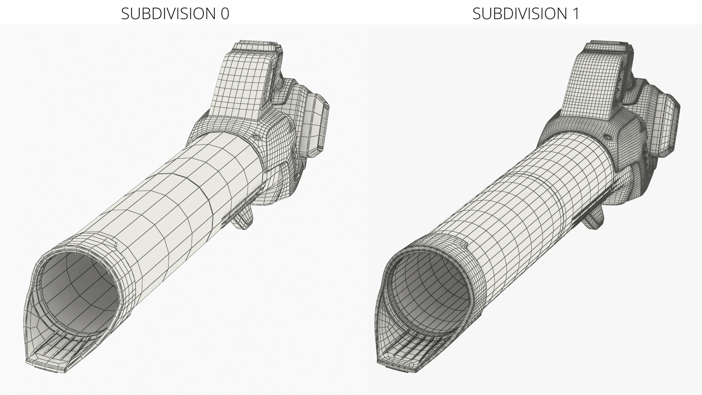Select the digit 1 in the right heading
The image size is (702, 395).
click(x=575, y=14)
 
